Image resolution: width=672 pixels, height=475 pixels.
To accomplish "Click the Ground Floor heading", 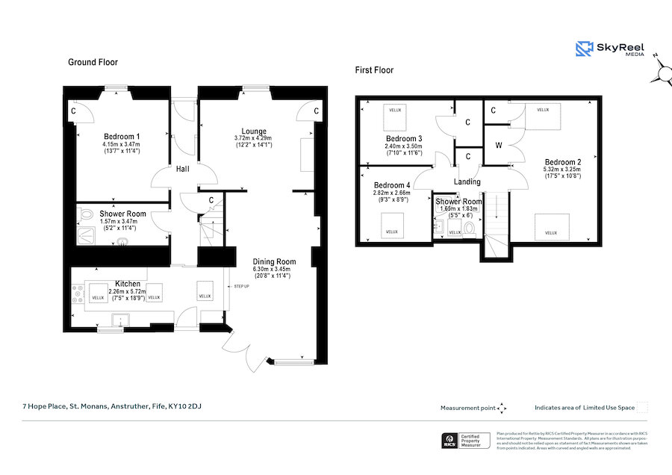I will [x=93, y=62].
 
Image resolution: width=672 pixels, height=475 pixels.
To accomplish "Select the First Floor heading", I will [x=374, y=70].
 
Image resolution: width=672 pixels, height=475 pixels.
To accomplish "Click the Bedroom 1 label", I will [x=122, y=136].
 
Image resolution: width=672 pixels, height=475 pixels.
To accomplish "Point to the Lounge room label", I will [x=254, y=131].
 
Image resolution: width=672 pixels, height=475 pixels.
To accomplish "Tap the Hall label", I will [x=183, y=169].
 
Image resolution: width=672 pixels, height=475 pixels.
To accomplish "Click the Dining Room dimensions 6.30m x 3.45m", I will [x=275, y=269].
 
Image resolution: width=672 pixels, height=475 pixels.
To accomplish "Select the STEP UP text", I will [x=242, y=286].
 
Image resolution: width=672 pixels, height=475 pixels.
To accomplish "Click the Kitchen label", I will [x=127, y=284].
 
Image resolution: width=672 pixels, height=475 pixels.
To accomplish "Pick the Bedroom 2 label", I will [x=562, y=162].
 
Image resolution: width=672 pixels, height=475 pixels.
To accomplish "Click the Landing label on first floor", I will [x=467, y=181].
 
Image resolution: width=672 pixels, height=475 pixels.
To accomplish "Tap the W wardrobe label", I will [x=498, y=146].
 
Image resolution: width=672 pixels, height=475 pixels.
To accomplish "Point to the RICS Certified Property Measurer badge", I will [x=464, y=441].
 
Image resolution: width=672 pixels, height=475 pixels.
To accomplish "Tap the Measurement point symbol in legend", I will [x=502, y=408].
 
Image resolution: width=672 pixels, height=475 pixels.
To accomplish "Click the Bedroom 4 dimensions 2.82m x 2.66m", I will [x=392, y=193].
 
